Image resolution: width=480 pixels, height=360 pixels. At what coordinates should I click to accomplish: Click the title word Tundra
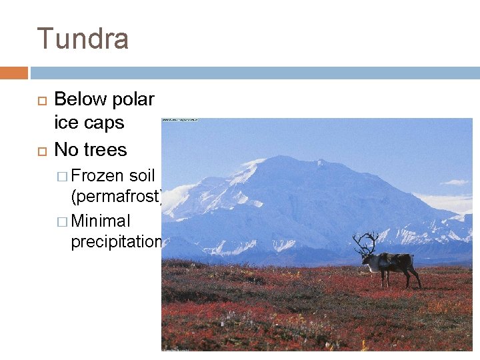click(83, 39)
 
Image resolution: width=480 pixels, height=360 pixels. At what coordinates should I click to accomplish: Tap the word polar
click(133, 99)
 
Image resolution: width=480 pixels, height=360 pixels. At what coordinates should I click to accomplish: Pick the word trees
click(105, 149)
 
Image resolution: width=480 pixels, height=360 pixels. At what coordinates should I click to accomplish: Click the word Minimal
click(101, 221)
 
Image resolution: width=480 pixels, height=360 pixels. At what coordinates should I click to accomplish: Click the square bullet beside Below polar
click(40, 100)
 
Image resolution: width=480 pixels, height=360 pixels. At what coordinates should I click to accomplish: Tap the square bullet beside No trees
click(40, 149)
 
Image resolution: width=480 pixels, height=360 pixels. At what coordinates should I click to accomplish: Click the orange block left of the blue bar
click(13, 73)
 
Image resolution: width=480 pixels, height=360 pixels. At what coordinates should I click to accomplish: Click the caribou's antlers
click(366, 242)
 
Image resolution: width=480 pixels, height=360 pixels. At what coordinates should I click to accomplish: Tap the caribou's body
click(393, 261)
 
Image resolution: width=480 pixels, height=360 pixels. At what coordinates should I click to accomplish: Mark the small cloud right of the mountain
click(455, 182)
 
